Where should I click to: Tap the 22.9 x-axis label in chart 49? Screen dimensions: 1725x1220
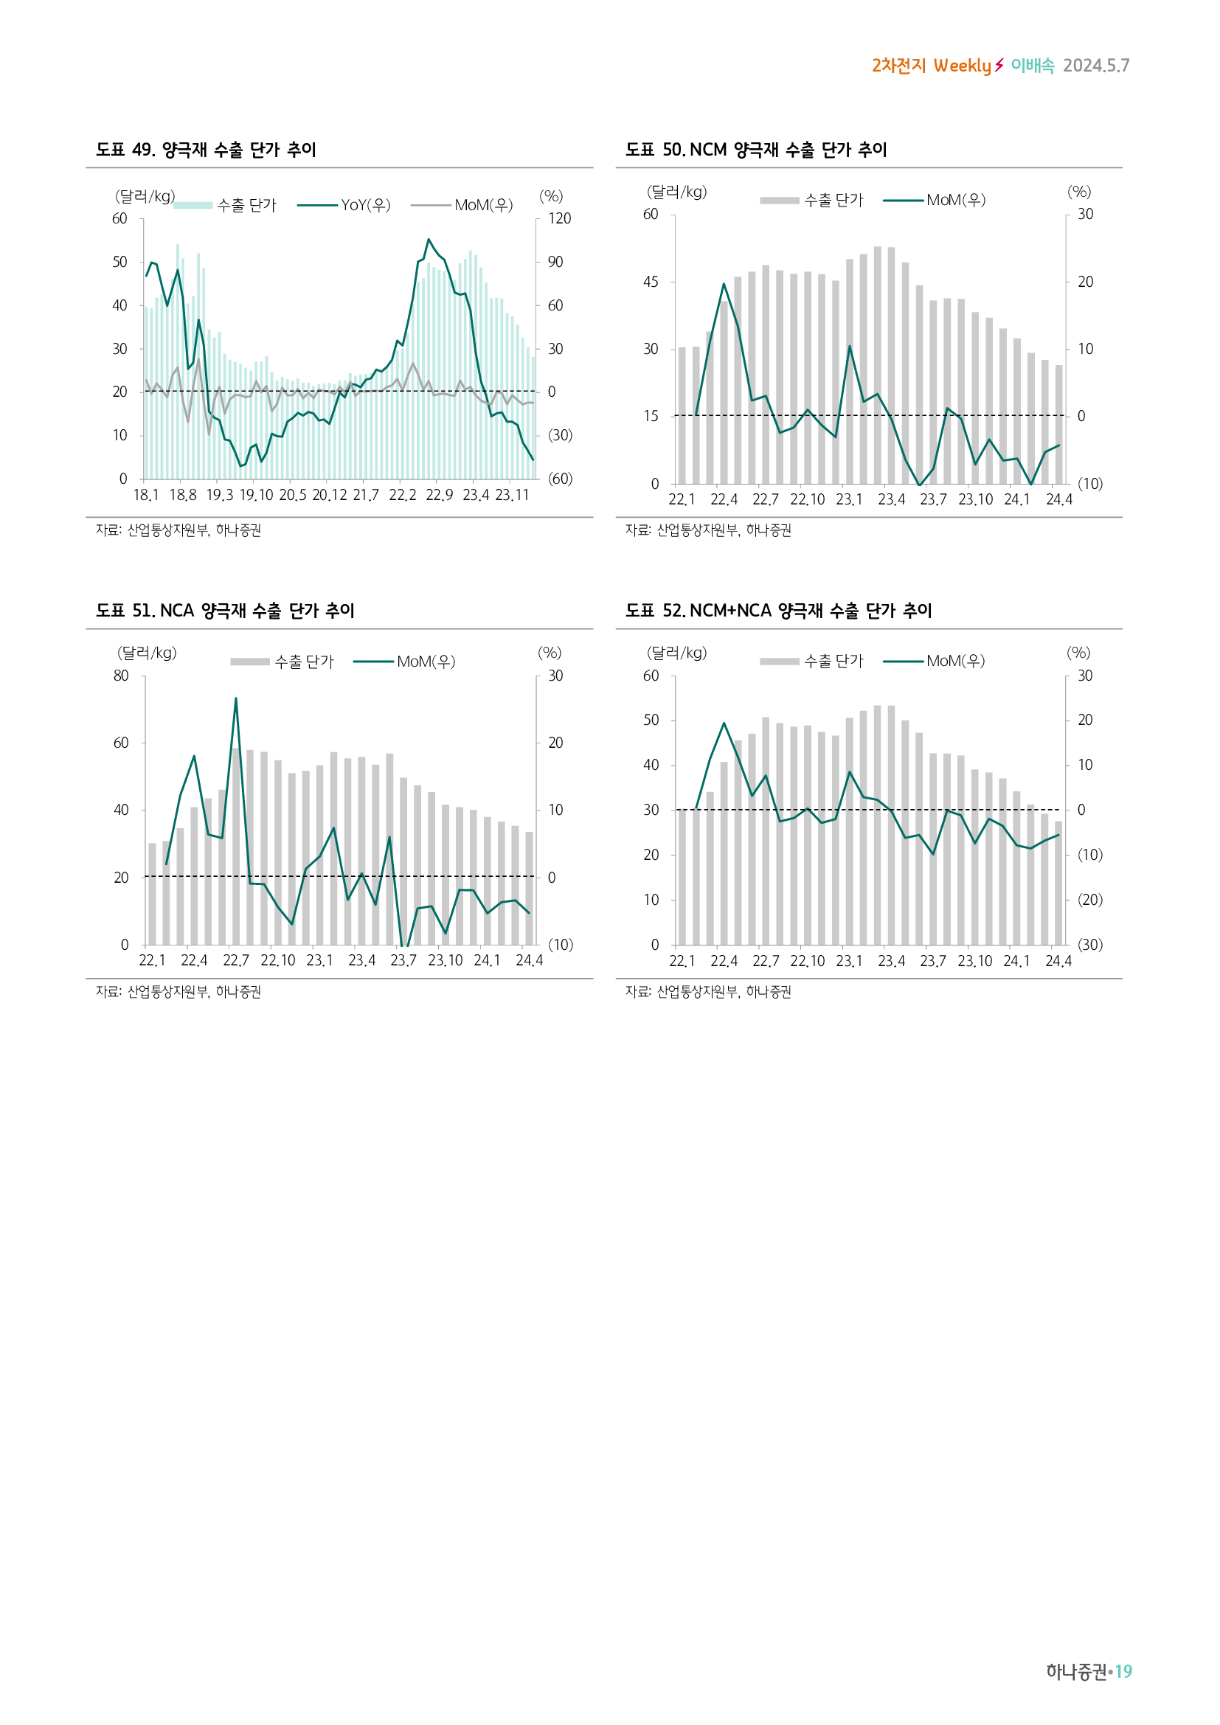tap(440, 495)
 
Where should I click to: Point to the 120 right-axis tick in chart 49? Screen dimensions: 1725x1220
tap(559, 218)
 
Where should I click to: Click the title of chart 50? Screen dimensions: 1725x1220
tap(756, 150)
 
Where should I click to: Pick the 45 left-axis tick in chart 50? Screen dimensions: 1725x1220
tap(651, 282)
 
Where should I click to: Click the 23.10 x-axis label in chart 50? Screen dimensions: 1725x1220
tap(975, 499)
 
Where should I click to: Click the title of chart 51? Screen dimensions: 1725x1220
tap(226, 611)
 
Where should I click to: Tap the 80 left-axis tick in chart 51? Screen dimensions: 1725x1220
tap(121, 676)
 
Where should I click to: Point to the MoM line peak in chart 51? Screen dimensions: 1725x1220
tap(236, 698)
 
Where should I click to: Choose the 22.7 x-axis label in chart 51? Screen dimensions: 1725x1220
tap(236, 961)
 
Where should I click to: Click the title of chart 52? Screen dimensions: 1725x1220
tap(778, 611)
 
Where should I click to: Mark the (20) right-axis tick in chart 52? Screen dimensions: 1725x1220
tap(1090, 899)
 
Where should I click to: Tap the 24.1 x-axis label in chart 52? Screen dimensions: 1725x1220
tap(1016, 961)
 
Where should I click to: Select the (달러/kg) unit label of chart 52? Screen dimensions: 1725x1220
tap(676, 653)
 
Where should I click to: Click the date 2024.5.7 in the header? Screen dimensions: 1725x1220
tap(1096, 66)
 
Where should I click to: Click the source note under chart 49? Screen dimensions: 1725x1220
tap(179, 530)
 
